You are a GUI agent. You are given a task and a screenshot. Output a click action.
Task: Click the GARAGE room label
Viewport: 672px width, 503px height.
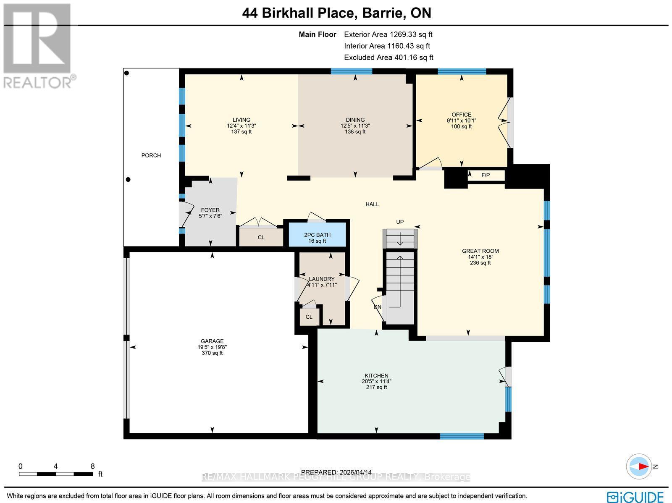[x=212, y=341]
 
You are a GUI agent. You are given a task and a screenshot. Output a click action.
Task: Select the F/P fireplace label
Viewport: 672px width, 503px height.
[x=486, y=175]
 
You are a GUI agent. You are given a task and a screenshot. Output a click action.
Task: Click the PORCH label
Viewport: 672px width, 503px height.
[x=151, y=155]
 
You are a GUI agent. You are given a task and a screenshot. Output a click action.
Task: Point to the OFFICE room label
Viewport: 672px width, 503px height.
[x=462, y=115]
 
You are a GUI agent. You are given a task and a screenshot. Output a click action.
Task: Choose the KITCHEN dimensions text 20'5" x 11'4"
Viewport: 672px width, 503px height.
[x=376, y=381]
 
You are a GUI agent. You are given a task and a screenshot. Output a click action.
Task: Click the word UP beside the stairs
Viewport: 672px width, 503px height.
[x=400, y=222]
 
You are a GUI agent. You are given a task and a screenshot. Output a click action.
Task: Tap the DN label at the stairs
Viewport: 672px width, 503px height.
[x=378, y=307]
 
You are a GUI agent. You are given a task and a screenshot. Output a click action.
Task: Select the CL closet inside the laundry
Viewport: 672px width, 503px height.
[x=309, y=317]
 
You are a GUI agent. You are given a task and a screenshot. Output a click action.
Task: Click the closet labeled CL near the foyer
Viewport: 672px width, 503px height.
[x=261, y=237]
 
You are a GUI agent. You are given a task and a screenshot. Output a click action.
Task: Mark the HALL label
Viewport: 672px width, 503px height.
[x=372, y=204]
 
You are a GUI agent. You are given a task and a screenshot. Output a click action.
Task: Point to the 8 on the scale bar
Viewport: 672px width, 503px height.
[x=92, y=466]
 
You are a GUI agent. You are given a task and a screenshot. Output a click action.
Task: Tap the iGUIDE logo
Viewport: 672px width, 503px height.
[x=637, y=497]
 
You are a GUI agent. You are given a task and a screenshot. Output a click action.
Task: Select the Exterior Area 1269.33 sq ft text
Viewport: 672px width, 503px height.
[x=388, y=34]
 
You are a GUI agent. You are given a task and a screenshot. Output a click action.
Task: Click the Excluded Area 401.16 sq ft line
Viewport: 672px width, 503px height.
[x=388, y=58]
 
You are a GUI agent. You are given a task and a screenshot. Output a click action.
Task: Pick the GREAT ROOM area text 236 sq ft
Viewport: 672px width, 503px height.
[x=480, y=263]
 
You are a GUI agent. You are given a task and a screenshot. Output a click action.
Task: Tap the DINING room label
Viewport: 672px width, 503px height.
[x=355, y=120]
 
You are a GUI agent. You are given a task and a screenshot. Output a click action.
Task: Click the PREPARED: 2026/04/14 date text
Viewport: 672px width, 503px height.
[x=336, y=472]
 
